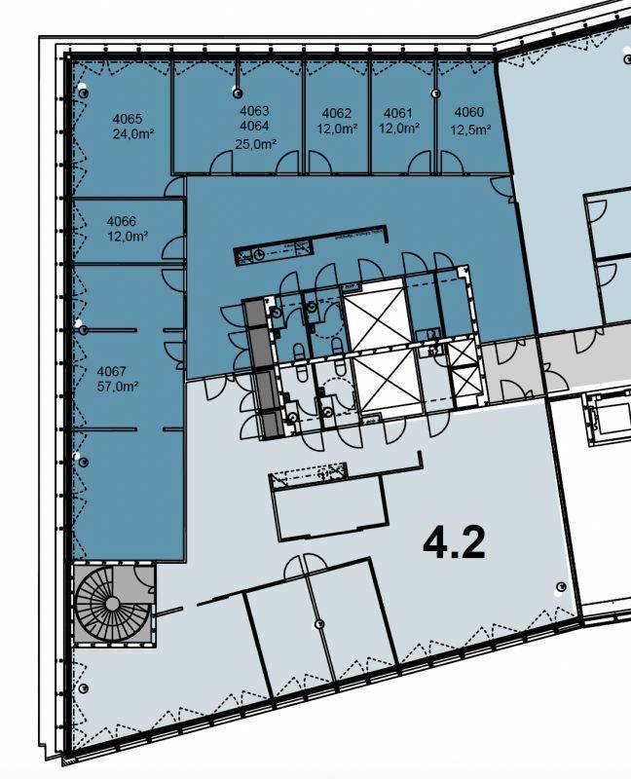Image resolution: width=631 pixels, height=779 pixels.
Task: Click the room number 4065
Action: click(x=128, y=119)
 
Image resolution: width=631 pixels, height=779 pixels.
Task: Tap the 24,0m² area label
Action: click(x=132, y=133)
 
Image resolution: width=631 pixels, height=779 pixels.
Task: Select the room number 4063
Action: click(x=254, y=111)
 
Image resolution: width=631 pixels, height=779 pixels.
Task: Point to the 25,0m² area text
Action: click(x=256, y=144)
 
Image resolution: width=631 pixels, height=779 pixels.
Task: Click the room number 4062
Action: click(x=336, y=113)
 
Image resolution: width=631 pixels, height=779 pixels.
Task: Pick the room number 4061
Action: click(x=398, y=113)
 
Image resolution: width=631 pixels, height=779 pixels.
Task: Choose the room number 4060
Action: click(x=469, y=112)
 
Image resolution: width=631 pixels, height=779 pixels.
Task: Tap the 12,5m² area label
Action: click(x=471, y=130)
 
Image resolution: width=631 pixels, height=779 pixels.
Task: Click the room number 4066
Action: click(x=121, y=221)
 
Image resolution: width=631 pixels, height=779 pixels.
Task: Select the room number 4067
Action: click(x=112, y=371)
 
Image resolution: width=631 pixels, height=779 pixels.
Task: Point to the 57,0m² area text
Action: click(x=117, y=386)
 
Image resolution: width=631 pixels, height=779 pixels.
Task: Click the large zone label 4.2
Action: click(x=454, y=543)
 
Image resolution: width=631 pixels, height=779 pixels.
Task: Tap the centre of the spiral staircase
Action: click(x=112, y=604)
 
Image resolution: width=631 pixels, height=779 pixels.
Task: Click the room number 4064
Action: click(x=254, y=126)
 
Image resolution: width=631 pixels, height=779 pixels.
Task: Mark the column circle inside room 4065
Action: click(x=84, y=93)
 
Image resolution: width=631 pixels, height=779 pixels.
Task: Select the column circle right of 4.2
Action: click(x=561, y=587)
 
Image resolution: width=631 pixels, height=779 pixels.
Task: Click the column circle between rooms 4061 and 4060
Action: click(x=435, y=93)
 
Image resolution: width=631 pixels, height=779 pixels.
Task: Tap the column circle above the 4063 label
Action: click(x=238, y=93)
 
